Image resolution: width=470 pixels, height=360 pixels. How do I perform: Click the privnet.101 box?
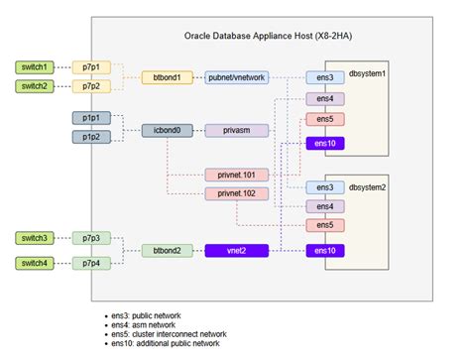point(236,174)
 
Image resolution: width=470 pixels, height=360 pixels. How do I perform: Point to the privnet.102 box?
point(236,192)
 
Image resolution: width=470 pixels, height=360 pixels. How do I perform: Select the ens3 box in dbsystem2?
point(323,186)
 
